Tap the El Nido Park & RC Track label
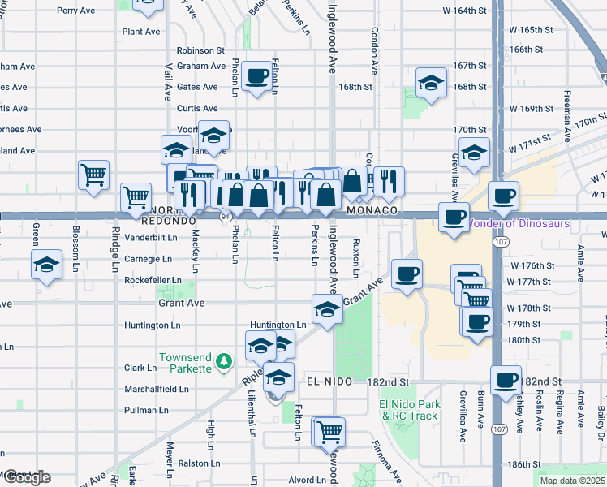[x=409, y=410]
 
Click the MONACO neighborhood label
[x=371, y=209]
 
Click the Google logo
[x=26, y=477]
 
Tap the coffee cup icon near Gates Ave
[x=257, y=76]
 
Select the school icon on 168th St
[x=432, y=82]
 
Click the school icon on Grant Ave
[x=327, y=309]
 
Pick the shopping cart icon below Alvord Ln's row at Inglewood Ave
[x=329, y=432]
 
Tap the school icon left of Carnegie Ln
[x=47, y=265]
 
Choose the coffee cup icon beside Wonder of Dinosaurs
[x=453, y=218]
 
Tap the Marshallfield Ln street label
[x=157, y=389]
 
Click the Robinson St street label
[x=196, y=50]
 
